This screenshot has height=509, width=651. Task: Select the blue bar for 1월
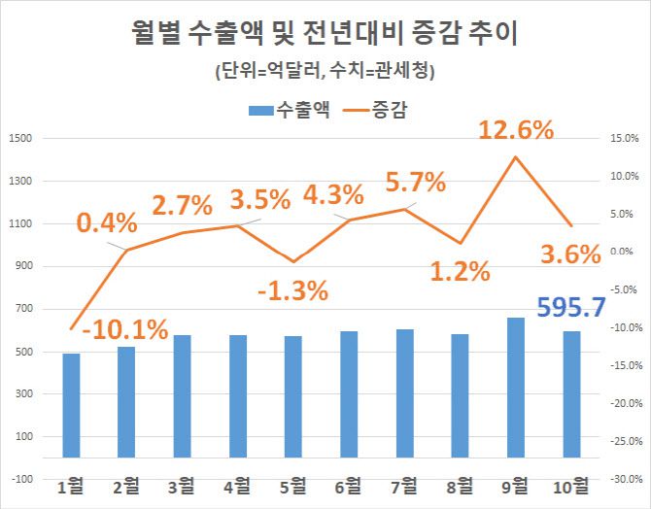coord(71,405)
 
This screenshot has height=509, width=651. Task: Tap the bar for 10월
coord(571,394)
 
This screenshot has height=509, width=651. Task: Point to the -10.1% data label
coord(124,329)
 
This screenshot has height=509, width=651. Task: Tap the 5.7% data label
coord(415,182)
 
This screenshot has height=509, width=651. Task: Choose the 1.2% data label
coord(459,271)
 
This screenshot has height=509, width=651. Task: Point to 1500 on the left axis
coord(20,138)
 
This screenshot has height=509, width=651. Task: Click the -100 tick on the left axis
coord(20,479)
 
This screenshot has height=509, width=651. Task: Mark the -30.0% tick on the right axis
coord(622,479)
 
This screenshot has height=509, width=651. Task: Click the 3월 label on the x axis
coord(182,485)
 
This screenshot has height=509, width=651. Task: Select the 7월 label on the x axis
coord(404,485)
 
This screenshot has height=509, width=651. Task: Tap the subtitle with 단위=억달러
coord(325,71)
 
